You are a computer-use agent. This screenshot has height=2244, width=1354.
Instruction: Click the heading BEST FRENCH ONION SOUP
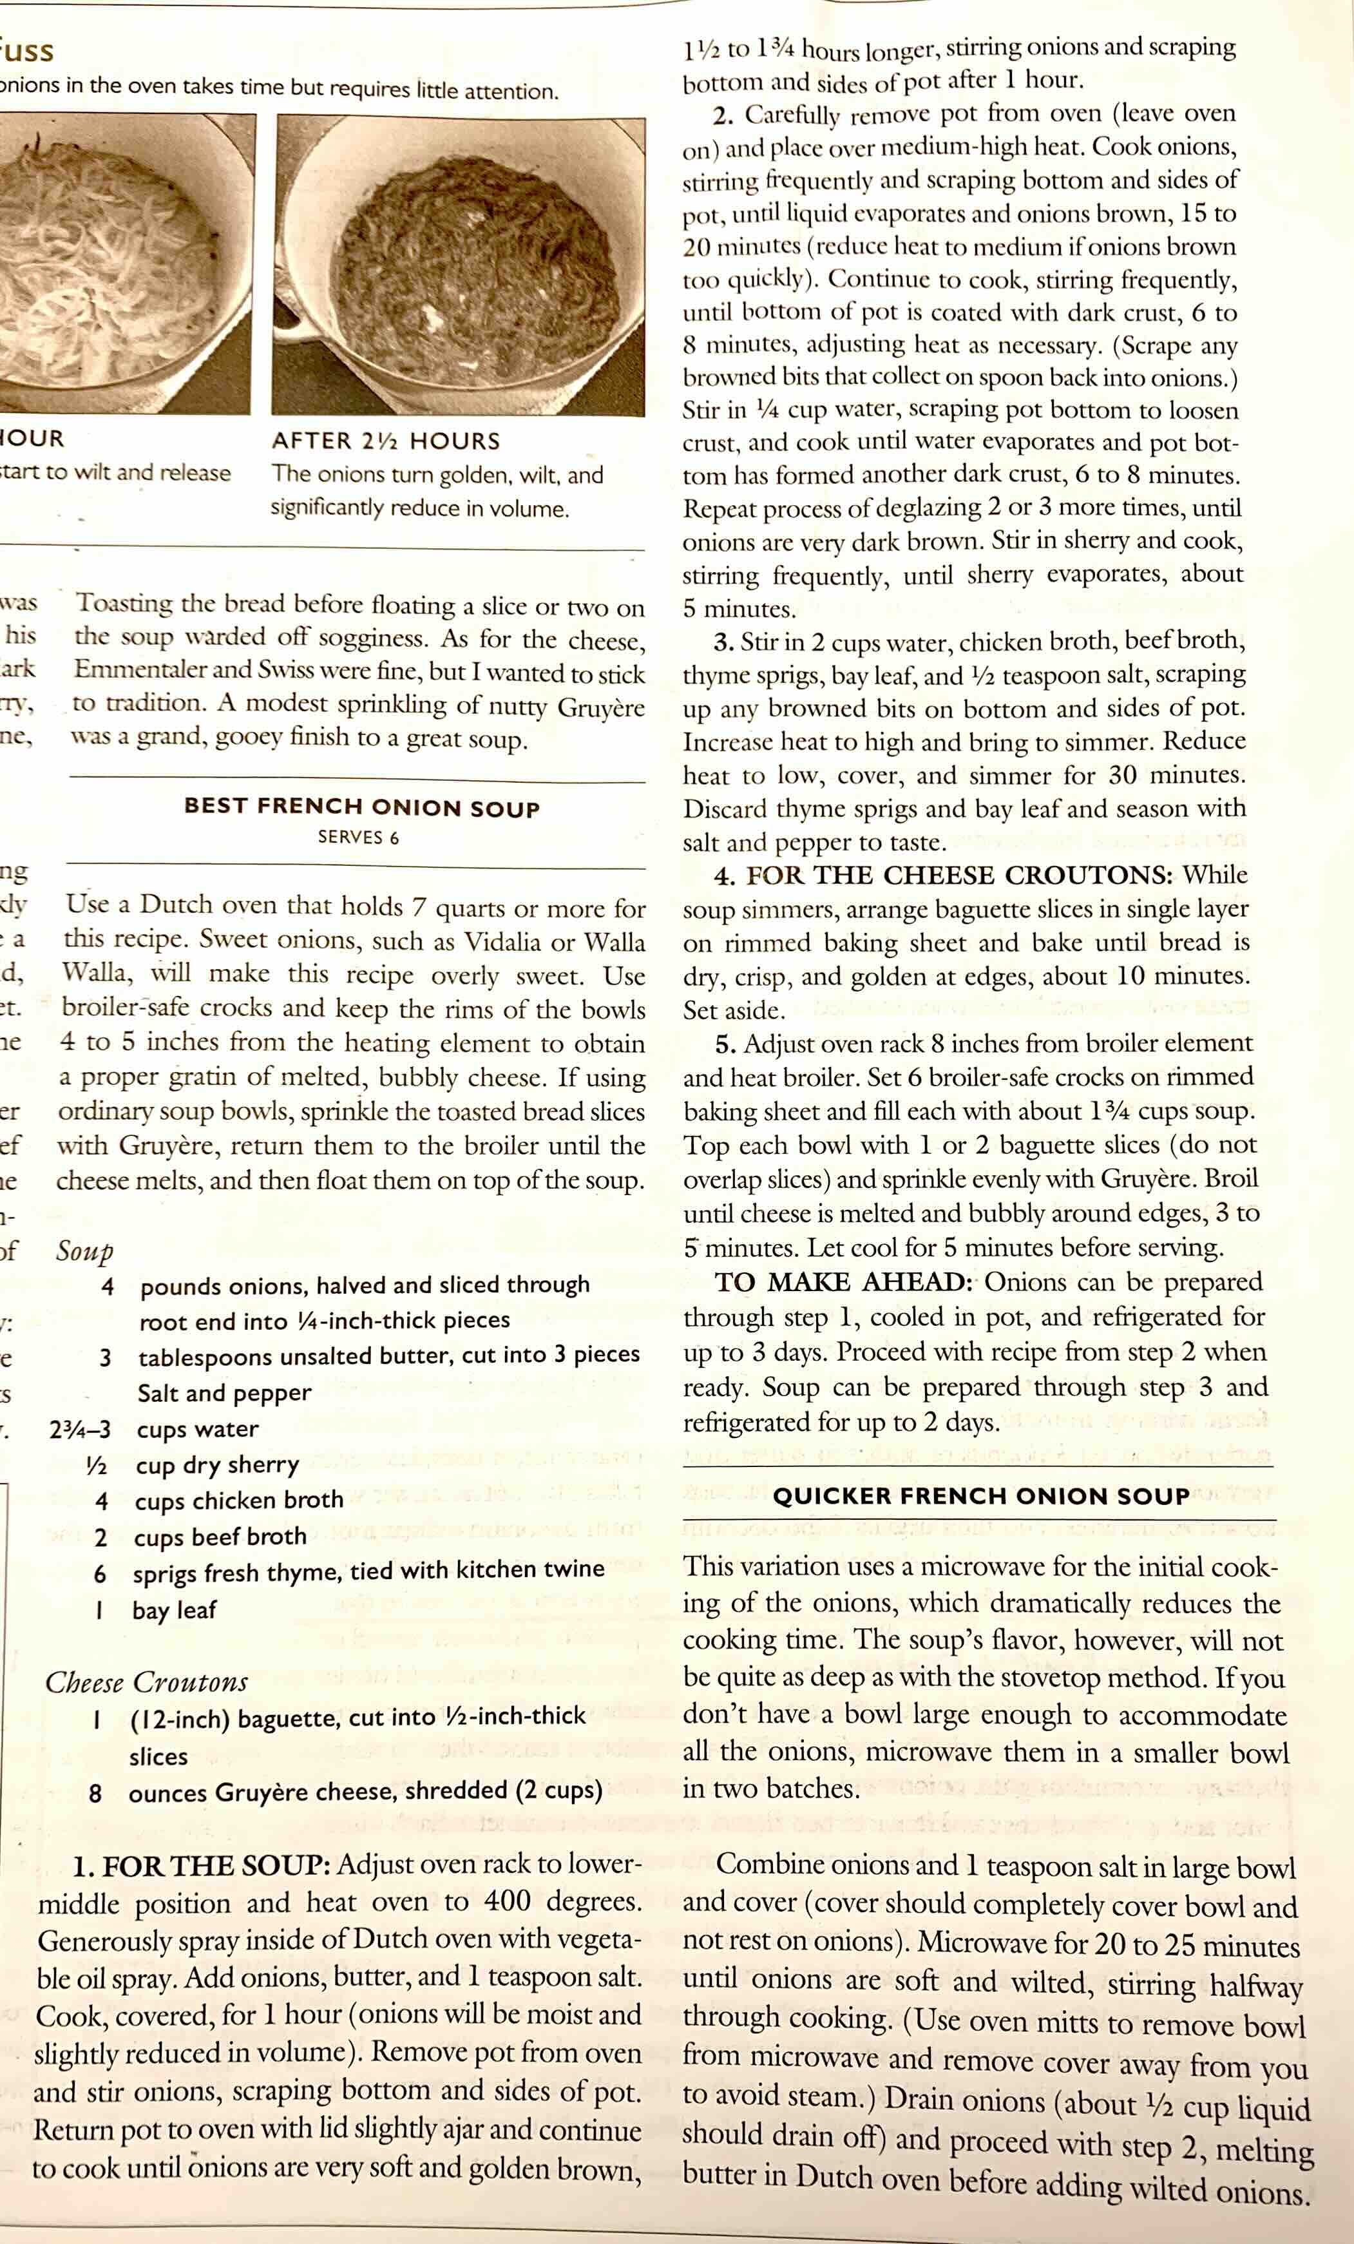(x=361, y=807)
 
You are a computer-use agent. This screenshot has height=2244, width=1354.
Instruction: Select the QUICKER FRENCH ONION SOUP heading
(x=980, y=1496)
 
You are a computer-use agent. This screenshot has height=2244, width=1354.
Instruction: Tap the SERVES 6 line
(x=358, y=838)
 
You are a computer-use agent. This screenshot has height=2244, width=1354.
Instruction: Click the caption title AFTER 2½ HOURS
(x=386, y=442)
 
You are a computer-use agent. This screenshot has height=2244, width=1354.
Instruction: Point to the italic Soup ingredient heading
(x=84, y=1251)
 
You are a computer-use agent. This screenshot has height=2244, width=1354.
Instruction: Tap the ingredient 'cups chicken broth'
(x=238, y=1501)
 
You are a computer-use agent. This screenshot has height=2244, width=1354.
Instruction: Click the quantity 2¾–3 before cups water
(x=80, y=1430)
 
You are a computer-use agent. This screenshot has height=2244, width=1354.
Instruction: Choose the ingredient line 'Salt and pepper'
(x=224, y=1394)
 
